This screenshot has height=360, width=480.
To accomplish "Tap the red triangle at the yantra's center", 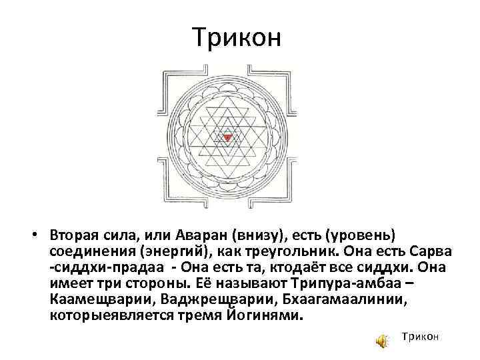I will click(228, 137).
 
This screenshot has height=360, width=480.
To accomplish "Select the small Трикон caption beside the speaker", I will click(420, 338).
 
